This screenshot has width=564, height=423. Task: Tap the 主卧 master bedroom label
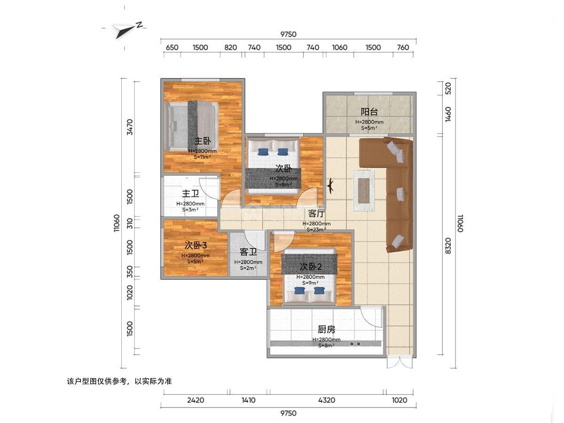[x=203, y=141]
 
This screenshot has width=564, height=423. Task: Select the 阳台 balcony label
[x=369, y=112]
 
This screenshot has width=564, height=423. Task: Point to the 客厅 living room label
[x=317, y=213]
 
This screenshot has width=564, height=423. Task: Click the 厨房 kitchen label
[x=326, y=329]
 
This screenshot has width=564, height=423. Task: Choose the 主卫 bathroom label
[x=190, y=193]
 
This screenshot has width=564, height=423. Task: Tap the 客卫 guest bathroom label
[x=248, y=252]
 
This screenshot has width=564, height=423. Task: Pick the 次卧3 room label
[x=196, y=245]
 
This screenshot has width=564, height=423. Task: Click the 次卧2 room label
[x=311, y=267]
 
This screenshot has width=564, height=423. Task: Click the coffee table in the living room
[x=364, y=190]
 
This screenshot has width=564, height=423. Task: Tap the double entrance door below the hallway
[x=400, y=361]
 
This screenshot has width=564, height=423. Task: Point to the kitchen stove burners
[x=355, y=344]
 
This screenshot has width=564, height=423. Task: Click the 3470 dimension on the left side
[x=130, y=127]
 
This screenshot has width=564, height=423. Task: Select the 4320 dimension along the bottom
[x=327, y=400]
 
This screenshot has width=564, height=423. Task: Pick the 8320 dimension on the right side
[x=448, y=246]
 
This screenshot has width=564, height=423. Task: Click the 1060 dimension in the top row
[x=339, y=47]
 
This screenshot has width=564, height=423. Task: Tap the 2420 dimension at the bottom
[x=196, y=400]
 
